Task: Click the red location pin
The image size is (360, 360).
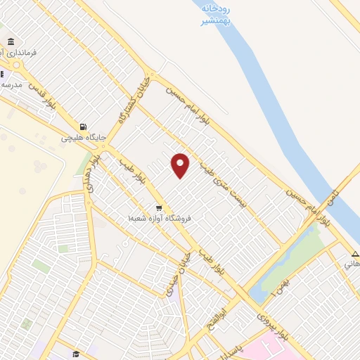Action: click(x=181, y=165)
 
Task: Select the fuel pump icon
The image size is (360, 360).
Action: click(x=84, y=127)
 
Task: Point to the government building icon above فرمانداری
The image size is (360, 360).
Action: click(x=11, y=42)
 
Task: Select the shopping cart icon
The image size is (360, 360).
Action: click(x=159, y=208)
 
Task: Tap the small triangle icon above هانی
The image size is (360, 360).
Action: click(x=355, y=254)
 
